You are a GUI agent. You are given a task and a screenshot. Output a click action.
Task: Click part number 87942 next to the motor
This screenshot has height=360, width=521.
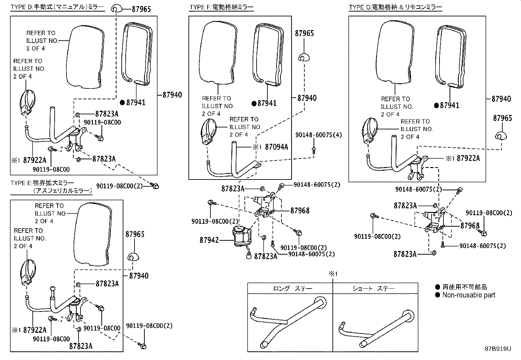point(209,240)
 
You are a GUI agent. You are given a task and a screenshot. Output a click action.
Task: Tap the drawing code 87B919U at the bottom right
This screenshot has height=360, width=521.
point(498,349)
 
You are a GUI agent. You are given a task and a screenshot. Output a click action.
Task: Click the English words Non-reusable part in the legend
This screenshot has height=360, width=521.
point(469,295)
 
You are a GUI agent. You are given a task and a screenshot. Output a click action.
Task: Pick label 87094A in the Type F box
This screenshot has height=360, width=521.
point(276,147)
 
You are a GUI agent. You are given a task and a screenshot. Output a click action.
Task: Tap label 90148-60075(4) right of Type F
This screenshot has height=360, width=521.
point(318,135)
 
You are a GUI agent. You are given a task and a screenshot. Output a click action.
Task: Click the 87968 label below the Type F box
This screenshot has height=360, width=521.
point(300,211)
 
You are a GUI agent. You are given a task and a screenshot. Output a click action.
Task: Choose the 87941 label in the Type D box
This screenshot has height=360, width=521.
point(136,103)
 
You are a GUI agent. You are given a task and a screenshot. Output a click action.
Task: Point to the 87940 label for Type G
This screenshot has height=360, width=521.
point(501,99)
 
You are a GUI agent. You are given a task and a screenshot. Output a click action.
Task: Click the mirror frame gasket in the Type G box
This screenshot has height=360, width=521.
point(450,56)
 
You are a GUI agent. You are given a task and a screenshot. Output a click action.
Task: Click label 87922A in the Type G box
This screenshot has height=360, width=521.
point(468,158)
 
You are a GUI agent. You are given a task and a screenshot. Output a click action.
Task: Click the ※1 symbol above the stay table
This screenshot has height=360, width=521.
point(333,274)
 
